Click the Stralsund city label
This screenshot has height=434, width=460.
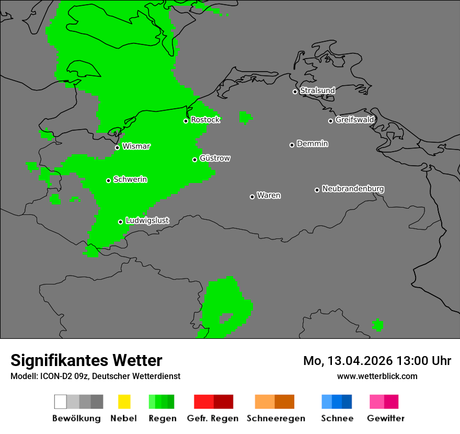tap(317, 90)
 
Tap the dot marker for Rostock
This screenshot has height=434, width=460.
tap(186, 121)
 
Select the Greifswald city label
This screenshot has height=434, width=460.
tap(354, 120)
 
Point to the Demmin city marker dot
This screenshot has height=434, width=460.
tap(292, 145)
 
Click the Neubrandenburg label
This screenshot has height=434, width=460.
tap(353, 189)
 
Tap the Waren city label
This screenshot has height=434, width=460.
tap(269, 196)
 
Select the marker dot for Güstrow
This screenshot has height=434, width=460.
tap(194, 159)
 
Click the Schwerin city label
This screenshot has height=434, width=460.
tap(130, 179)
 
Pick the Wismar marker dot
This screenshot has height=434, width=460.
tap(117, 147)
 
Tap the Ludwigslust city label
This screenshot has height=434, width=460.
tap(147, 221)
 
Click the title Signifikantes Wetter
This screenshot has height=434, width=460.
tap(86, 360)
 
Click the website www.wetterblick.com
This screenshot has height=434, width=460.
tap(377, 376)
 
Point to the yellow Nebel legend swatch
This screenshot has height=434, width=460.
tap(124, 402)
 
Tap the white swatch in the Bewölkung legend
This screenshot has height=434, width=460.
tap(61, 402)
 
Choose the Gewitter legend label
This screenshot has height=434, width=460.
tap(385, 418)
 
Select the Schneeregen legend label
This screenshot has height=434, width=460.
tap(275, 418)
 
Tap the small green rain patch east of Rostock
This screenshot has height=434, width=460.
tap(245, 117)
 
